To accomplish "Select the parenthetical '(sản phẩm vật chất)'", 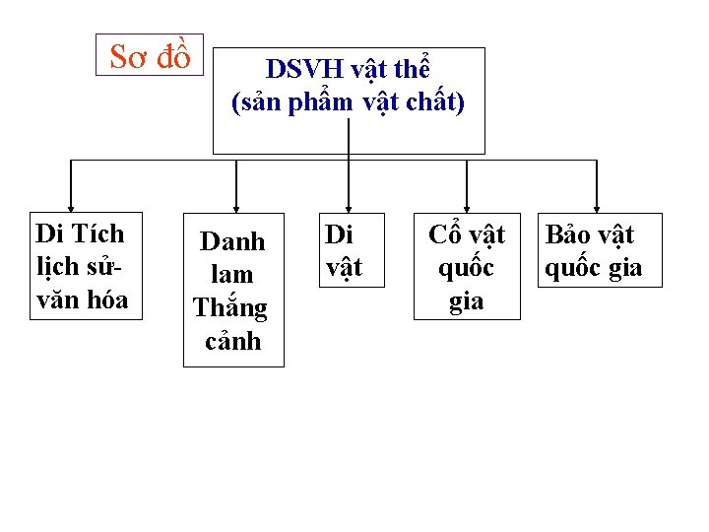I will point(348,101).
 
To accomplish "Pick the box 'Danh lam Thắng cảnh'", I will point(232,291).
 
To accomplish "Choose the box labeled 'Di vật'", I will point(345,250).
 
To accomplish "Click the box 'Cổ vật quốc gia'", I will point(466,266).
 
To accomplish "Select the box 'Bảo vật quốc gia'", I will point(594,250).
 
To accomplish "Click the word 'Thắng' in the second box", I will point(230,307).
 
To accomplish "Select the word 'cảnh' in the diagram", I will point(232,341).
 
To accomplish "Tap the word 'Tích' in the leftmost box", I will point(101,233).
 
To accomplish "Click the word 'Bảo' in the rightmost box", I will point(567,234).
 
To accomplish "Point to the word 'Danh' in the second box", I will point(232,241).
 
